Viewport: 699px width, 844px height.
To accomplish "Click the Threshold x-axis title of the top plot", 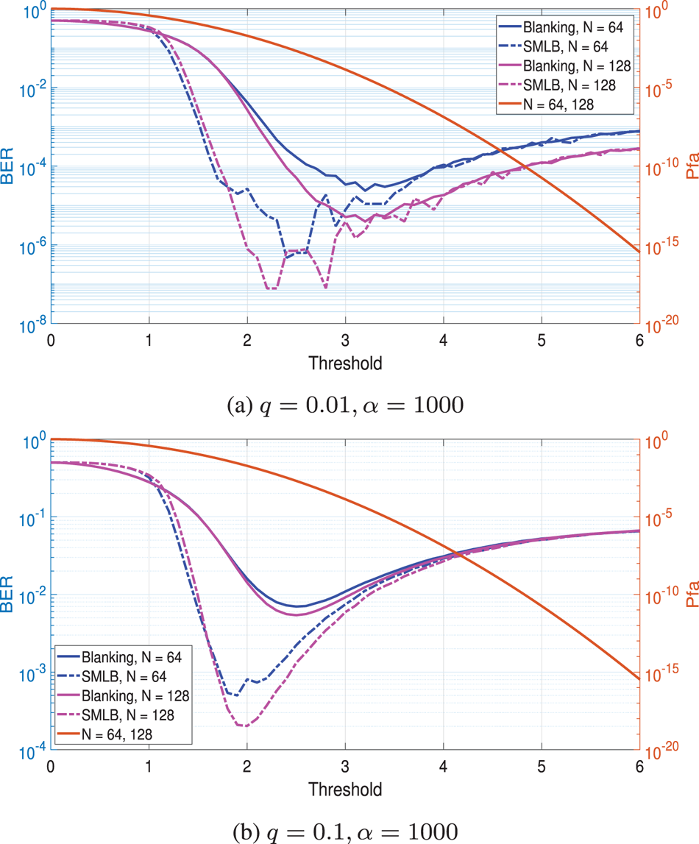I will tap(345, 363).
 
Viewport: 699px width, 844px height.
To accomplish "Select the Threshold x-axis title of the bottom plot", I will tap(345, 790).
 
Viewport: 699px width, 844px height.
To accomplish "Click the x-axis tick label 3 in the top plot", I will tap(345, 341).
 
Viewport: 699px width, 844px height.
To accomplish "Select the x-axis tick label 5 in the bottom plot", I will tap(542, 768).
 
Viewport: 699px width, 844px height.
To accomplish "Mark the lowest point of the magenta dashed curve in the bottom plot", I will tap(244, 726).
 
